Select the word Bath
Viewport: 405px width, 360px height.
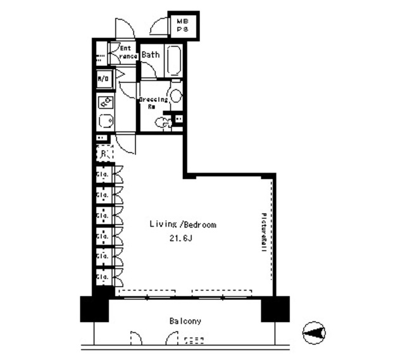pos(151,55)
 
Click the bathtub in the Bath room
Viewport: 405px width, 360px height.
pos(174,61)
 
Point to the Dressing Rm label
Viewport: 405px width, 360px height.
pos(153,103)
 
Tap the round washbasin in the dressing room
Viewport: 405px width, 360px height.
pos(176,96)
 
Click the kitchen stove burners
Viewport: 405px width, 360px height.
pos(104,101)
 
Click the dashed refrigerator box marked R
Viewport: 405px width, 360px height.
pos(104,153)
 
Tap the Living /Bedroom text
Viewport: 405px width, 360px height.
pos(183,225)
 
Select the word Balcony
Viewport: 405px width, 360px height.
pos(185,321)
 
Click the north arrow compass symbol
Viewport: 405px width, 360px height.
pos(315,332)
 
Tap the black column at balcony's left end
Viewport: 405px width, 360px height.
pos(94,309)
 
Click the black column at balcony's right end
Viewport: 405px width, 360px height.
pos(275,309)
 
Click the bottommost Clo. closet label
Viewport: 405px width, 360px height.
pos(101,277)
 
